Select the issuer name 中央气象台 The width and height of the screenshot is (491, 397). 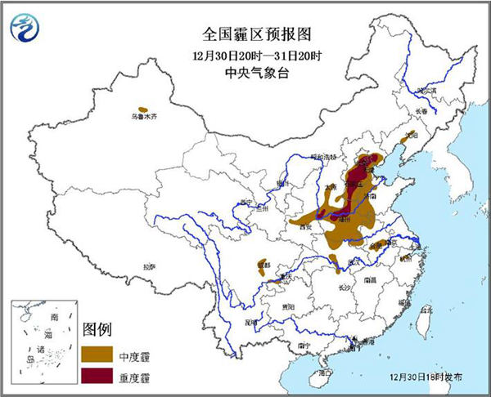pos(245,74)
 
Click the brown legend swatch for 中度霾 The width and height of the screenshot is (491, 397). pos(97,355)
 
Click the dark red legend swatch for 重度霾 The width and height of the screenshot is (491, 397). pos(97,376)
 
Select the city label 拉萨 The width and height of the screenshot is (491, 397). pos(148,266)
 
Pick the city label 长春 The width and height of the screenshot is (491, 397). pos(421,111)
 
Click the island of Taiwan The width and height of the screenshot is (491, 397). pos(423,323)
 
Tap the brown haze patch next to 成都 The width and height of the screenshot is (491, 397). pos(263,269)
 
